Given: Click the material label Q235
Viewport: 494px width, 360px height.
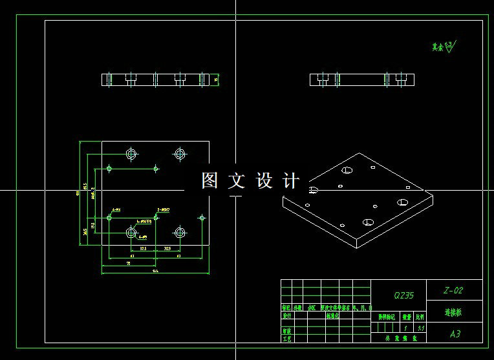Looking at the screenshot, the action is [404, 295].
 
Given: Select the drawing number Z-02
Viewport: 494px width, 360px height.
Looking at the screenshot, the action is [453, 290].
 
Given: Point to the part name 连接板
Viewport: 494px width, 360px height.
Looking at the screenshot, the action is [453, 312].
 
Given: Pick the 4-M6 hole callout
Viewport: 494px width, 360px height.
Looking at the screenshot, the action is [117, 210].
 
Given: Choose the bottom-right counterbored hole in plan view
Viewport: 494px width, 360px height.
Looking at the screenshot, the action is [180, 232].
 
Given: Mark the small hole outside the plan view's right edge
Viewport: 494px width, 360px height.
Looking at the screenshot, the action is [203, 217].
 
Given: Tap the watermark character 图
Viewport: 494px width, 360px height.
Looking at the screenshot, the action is [209, 181].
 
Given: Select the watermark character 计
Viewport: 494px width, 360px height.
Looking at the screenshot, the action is [292, 181].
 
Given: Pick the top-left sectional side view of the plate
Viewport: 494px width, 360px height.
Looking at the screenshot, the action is [157, 79].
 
